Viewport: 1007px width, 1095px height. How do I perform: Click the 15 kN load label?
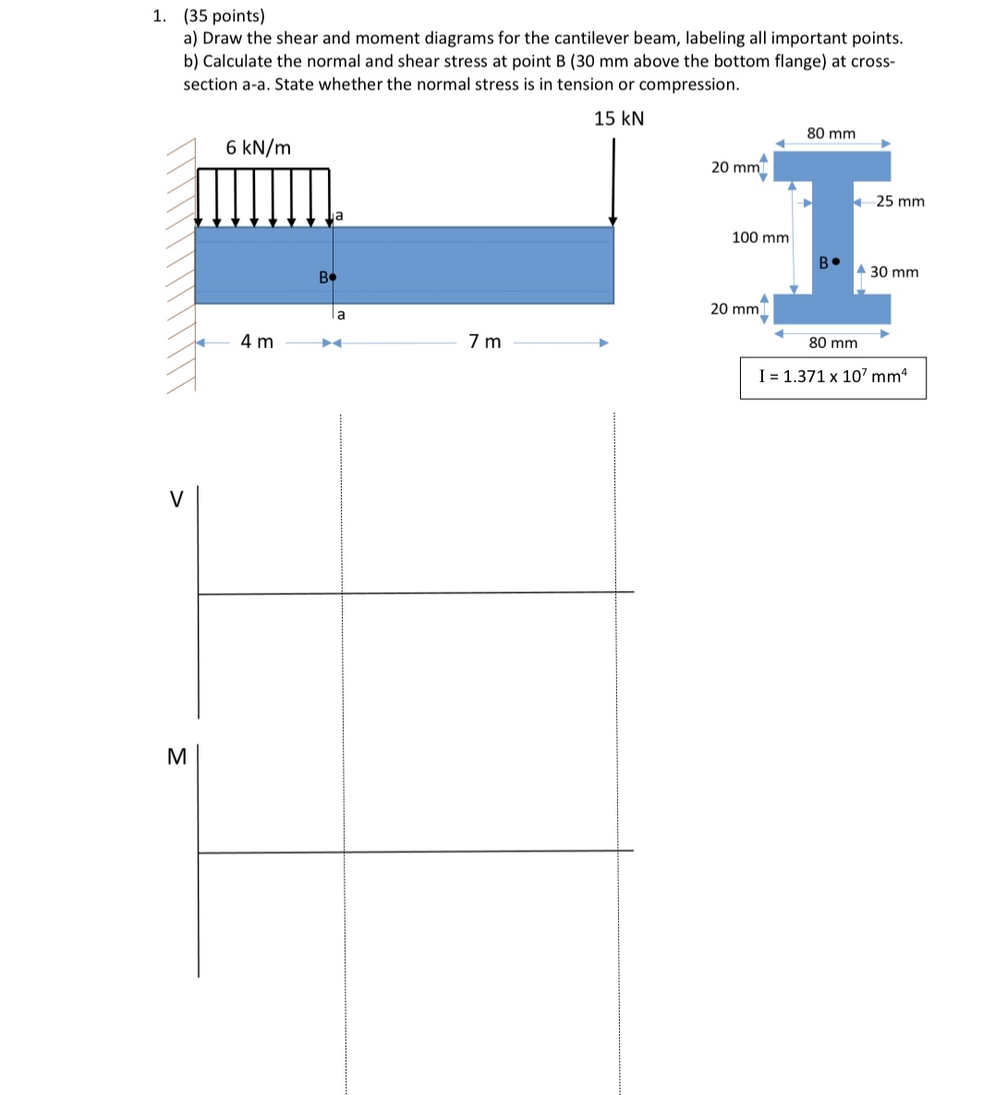(x=619, y=118)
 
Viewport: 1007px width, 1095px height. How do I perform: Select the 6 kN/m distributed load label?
(x=258, y=148)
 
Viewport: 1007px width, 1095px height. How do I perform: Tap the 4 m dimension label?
(x=257, y=342)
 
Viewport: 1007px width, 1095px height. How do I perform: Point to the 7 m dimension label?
(x=485, y=342)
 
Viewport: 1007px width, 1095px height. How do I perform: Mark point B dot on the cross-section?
(x=836, y=261)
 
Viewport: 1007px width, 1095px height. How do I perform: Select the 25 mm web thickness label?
(x=900, y=201)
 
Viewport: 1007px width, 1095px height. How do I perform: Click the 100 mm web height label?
(x=759, y=237)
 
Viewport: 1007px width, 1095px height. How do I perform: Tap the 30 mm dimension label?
(x=894, y=271)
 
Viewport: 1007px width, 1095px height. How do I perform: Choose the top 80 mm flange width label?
(x=831, y=134)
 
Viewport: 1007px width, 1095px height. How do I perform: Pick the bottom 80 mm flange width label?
(x=832, y=343)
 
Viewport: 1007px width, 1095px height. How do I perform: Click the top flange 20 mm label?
(x=734, y=167)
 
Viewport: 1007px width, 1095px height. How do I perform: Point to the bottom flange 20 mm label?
(x=734, y=308)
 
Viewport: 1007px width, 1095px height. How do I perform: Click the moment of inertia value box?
(x=832, y=377)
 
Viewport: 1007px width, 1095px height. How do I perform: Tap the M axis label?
(x=176, y=757)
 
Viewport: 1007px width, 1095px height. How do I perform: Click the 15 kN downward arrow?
(x=613, y=185)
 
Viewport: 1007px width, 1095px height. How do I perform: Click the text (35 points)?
(x=224, y=16)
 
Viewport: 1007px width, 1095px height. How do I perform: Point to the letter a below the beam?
(x=341, y=315)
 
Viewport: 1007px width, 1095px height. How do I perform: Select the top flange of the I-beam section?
(x=831, y=166)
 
